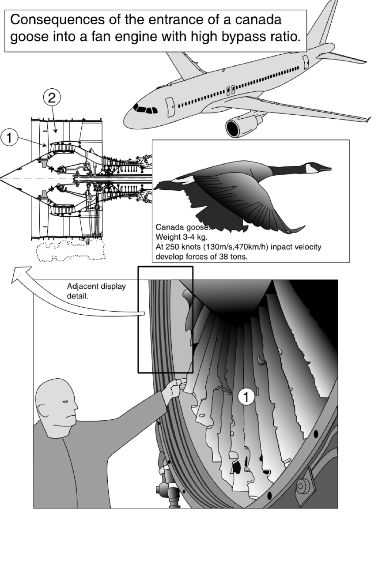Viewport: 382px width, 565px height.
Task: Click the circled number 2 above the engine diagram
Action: (52, 98)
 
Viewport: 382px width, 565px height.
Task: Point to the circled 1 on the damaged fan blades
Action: (246, 397)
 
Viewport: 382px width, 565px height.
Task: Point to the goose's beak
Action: (325, 168)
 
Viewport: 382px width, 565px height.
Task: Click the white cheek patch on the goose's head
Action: (313, 168)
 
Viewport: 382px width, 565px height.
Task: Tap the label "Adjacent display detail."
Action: (96, 290)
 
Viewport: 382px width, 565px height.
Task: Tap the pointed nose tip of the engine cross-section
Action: (2, 178)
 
